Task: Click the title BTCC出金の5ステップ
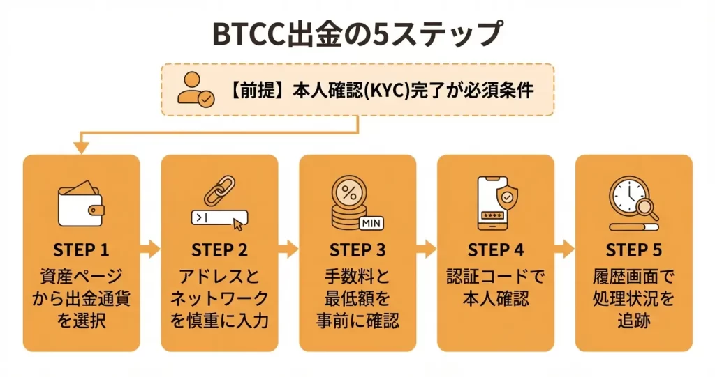coord(357,33)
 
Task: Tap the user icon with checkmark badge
coord(196,89)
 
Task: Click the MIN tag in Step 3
coord(371,223)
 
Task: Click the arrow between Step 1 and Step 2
coord(150,249)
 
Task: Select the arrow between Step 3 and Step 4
coord(426,249)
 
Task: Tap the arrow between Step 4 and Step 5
coord(564,249)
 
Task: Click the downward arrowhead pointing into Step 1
coord(81,147)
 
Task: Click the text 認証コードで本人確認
coord(496,287)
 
